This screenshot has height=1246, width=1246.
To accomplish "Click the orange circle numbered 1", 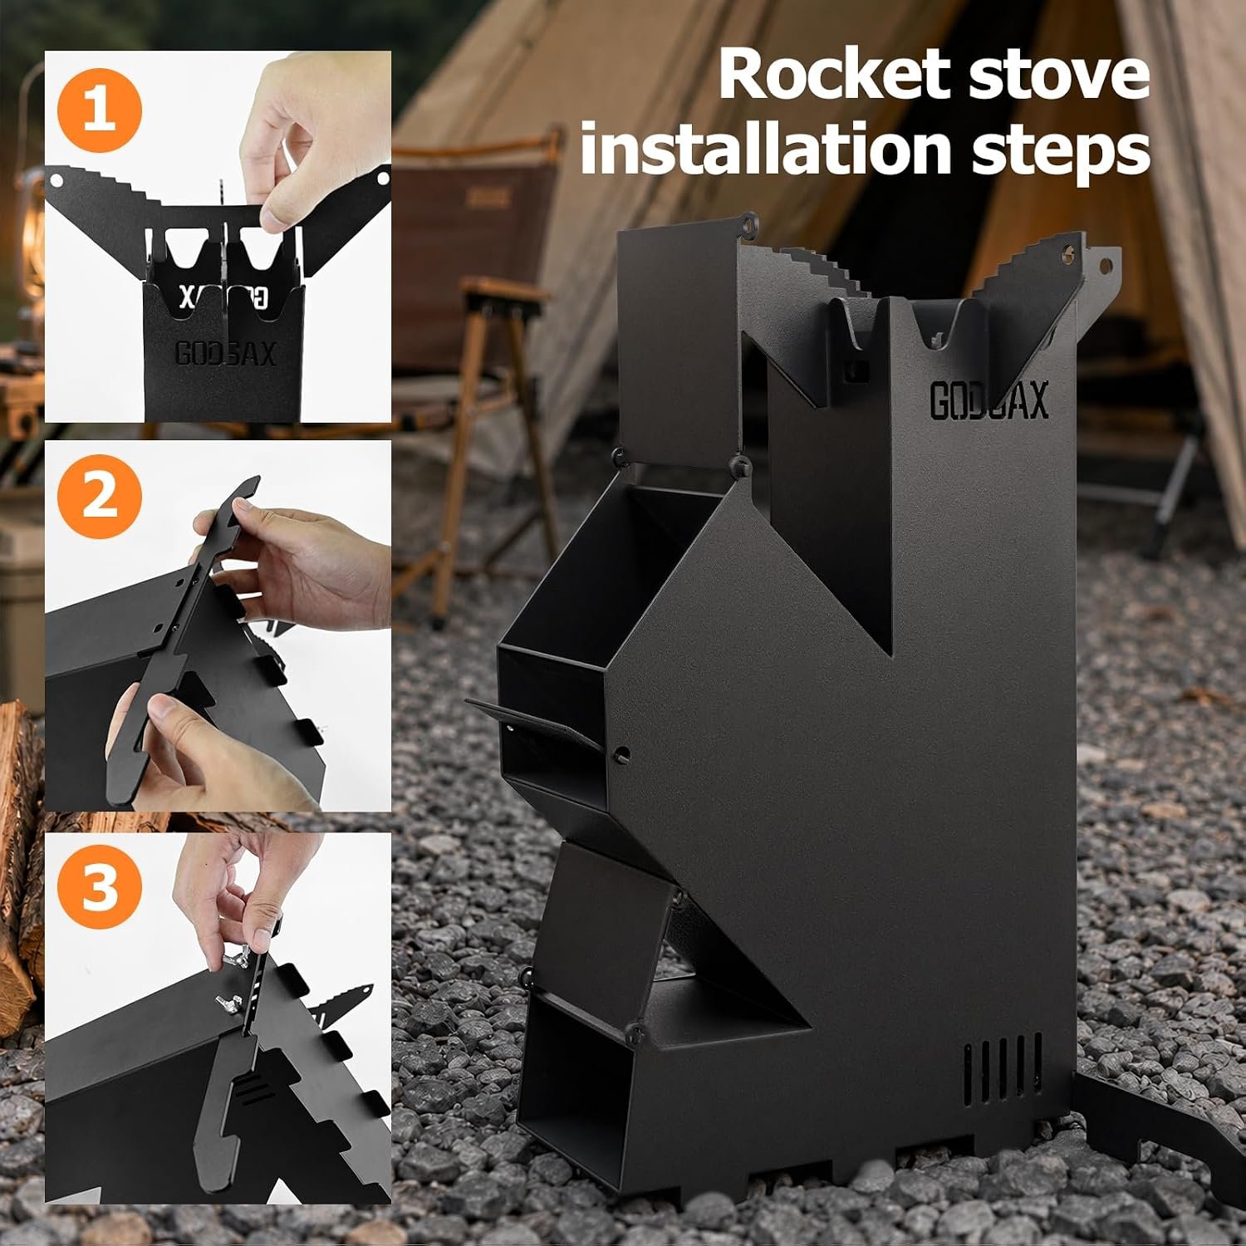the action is (x=100, y=112).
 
